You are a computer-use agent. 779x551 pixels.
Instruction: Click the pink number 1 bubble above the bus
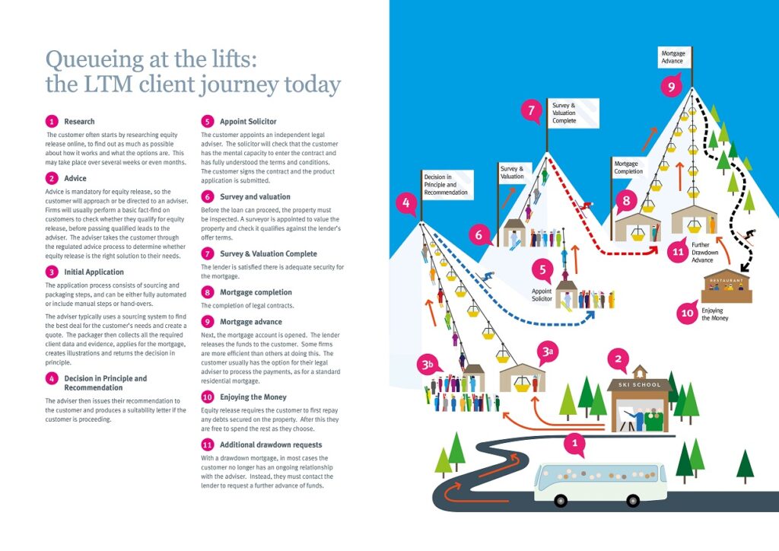point(575,443)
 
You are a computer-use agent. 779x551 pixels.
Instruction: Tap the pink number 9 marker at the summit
point(670,87)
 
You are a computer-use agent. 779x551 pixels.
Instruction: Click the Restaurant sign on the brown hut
point(726,280)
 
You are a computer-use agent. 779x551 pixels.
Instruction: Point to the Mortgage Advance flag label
point(673,57)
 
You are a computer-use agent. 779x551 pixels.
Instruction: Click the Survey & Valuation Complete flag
point(570,113)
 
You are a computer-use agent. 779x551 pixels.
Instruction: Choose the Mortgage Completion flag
point(629,167)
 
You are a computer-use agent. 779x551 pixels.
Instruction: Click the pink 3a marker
point(547,352)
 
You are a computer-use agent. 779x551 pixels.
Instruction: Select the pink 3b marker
point(428,364)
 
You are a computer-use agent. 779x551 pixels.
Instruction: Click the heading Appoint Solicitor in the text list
point(248,121)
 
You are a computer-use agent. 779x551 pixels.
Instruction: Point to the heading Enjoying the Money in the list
point(253,397)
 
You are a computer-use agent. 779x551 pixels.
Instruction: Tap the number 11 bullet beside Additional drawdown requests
point(207,444)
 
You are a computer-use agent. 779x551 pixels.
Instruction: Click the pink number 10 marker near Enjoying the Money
point(688,313)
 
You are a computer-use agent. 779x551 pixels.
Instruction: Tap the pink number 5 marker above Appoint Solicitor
point(542,268)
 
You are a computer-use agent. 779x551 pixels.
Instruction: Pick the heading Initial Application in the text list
point(94,272)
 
